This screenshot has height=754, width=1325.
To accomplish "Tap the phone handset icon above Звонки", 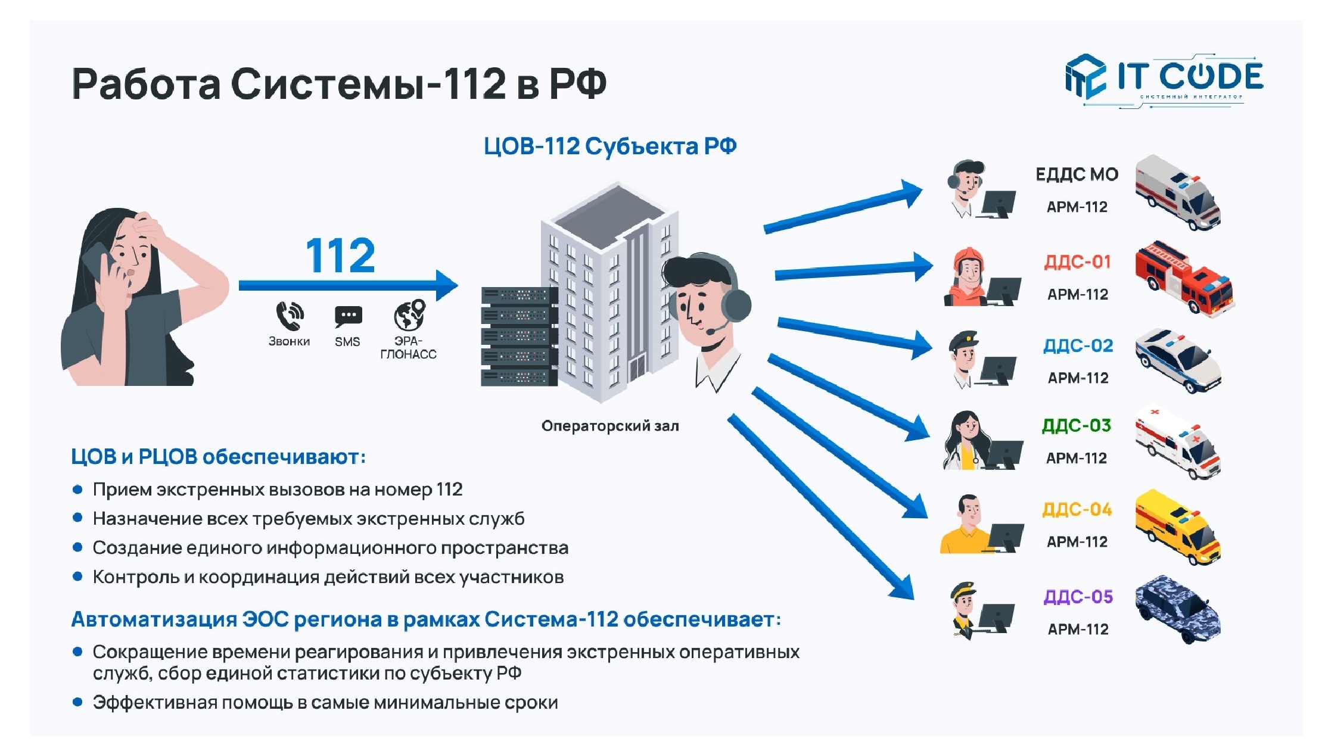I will pos(290,315).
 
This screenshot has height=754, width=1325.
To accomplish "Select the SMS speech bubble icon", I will pos(348,316).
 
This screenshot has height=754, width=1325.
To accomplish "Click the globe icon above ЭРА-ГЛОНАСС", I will pos(409,314).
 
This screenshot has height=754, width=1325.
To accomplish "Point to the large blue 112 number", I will pos(340,256).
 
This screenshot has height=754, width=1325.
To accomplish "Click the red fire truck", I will pos(1183,278).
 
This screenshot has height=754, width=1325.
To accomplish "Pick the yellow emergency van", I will pos(1177,526).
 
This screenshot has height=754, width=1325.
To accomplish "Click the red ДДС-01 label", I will pos(1077,262).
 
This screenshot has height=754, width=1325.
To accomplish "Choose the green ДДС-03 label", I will pos(1076,426).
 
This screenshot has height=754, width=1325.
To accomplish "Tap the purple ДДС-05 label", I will pos(1078,597).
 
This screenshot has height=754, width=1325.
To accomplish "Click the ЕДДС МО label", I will pos(1077,175).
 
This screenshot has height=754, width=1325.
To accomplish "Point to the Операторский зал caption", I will pos(610,426).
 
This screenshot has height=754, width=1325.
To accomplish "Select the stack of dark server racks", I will pos(517,337).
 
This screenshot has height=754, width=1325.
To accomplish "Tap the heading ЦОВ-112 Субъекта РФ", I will pos(609,147).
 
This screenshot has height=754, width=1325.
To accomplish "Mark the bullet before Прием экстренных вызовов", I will pos(77,490).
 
